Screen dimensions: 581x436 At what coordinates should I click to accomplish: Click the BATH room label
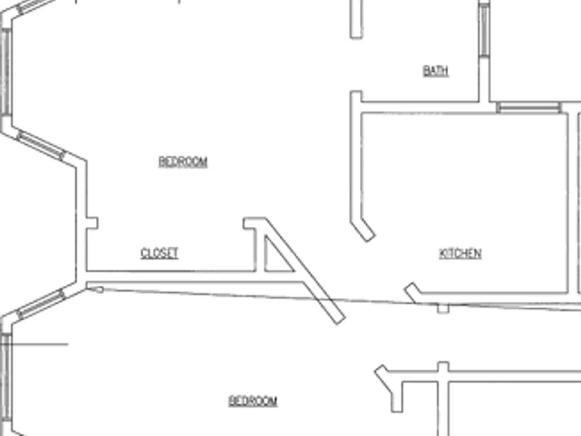point(436,70)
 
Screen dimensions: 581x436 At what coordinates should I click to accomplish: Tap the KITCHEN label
point(460,254)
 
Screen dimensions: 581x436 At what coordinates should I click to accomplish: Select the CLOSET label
point(160,254)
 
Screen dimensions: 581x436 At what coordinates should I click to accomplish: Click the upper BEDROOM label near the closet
point(183,162)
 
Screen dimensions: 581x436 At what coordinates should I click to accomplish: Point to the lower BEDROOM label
point(253,401)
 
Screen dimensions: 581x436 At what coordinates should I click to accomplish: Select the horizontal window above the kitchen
point(529,108)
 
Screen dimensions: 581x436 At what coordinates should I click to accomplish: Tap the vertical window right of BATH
point(484,30)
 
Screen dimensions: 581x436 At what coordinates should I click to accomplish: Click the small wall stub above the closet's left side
point(92,223)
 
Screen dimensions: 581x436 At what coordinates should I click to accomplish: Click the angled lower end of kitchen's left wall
point(363,230)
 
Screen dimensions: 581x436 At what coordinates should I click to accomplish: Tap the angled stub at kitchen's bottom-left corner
point(413,292)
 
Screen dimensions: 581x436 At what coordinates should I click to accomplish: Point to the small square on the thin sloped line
point(443,309)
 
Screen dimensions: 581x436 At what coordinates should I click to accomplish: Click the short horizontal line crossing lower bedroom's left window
point(34,344)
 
